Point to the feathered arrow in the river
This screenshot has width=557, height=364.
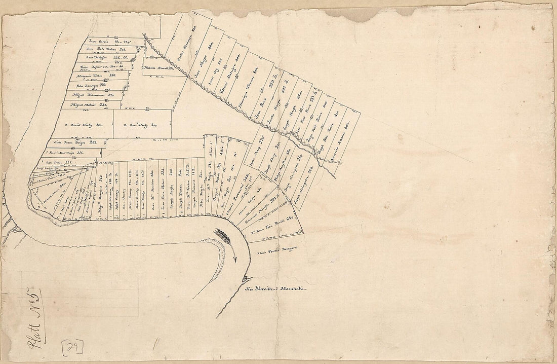(226, 240)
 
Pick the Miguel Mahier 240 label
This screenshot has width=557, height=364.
(89, 105)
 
